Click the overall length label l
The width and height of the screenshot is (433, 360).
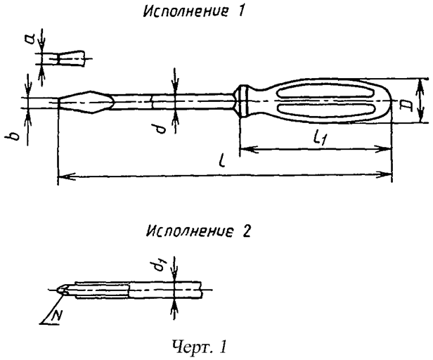(221, 163)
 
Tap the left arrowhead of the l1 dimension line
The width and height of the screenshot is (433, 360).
(245, 149)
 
